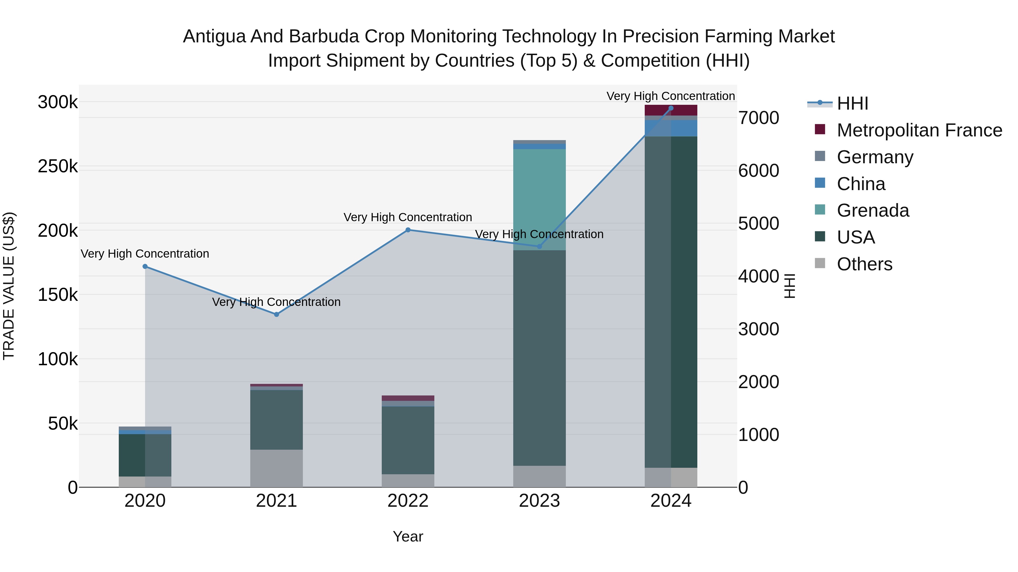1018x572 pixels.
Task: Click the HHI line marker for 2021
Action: click(x=276, y=314)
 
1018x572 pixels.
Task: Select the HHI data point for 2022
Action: click(x=408, y=230)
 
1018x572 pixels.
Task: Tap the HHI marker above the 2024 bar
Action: click(x=671, y=108)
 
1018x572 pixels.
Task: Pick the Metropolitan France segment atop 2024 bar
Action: click(x=671, y=110)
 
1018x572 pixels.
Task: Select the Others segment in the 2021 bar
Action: click(x=276, y=468)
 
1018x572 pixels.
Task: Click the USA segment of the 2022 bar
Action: click(x=408, y=440)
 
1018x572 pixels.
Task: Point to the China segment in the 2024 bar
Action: click(x=671, y=128)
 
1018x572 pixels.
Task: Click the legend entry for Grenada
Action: click(x=873, y=210)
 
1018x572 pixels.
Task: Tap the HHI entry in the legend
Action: click(x=852, y=103)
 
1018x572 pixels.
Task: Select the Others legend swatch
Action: click(x=820, y=263)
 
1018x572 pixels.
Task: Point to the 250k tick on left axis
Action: click(x=58, y=167)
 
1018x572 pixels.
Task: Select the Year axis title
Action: click(x=408, y=536)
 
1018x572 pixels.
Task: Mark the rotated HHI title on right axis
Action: click(x=789, y=286)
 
